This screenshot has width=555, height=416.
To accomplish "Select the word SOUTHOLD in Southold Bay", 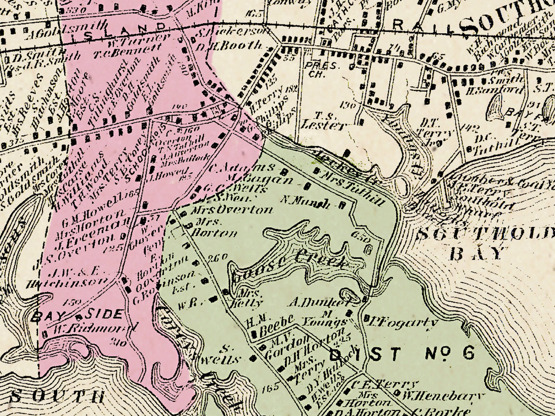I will click(485, 234).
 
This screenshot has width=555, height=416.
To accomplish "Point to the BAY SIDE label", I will click(78, 315).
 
